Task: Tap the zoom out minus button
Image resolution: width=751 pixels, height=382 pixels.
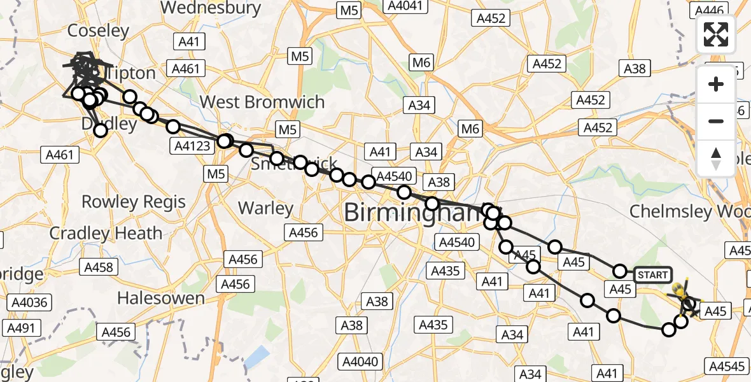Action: tap(716, 121)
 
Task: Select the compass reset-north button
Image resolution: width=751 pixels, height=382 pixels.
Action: tap(716, 159)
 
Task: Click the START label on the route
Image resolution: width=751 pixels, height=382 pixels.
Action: tap(652, 274)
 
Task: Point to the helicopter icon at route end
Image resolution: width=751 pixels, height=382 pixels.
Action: tap(683, 294)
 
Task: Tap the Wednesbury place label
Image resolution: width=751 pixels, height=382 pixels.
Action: tap(211, 8)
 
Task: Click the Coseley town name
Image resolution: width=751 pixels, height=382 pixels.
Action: tap(98, 31)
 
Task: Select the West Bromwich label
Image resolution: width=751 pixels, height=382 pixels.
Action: tap(262, 102)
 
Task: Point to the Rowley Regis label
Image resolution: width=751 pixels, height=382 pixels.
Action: tap(134, 202)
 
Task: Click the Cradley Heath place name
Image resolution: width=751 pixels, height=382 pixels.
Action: tap(106, 233)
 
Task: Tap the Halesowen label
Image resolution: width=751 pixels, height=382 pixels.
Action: tap(161, 297)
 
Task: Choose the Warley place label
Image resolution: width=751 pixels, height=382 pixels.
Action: tap(265, 208)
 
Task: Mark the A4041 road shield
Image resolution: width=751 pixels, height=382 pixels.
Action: tap(404, 6)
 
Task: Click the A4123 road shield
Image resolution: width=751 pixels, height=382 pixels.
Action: tap(192, 146)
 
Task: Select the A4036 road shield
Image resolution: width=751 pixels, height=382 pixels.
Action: tap(27, 302)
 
